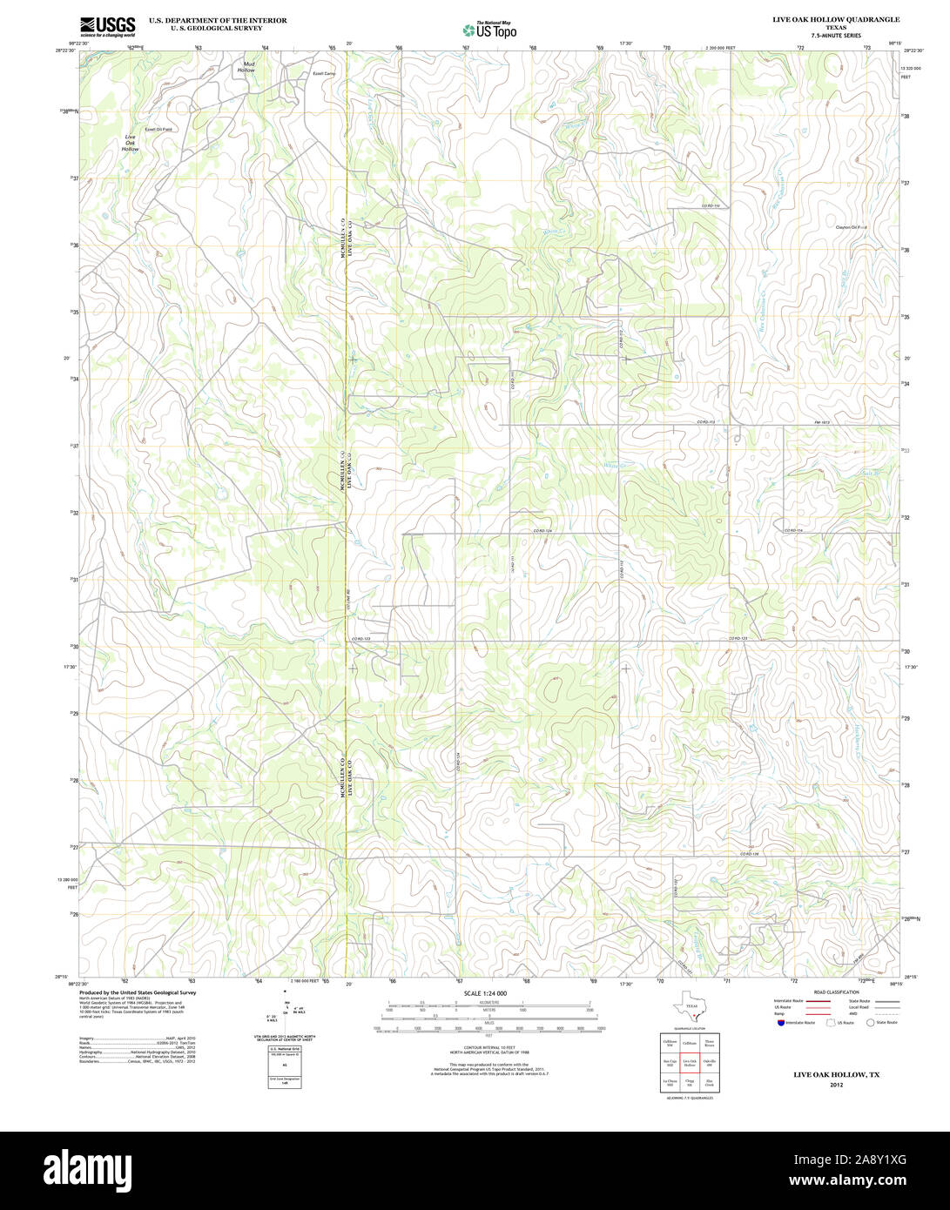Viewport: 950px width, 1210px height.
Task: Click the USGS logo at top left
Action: coord(107,26)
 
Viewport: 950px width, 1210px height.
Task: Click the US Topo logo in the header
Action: coord(489,30)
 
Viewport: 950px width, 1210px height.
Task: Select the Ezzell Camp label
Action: coord(324,74)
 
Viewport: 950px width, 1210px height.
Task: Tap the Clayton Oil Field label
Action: coord(851,227)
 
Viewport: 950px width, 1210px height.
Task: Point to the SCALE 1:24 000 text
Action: coord(485,993)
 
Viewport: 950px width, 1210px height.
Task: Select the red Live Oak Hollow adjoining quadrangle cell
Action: coord(690,1064)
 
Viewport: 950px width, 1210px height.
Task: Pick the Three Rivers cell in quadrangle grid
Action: coord(710,1043)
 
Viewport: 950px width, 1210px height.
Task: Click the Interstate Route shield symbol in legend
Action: coord(780,1023)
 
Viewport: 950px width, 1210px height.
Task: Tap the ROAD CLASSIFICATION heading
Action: coord(835,992)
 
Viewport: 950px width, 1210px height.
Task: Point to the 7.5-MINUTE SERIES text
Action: coord(836,35)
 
